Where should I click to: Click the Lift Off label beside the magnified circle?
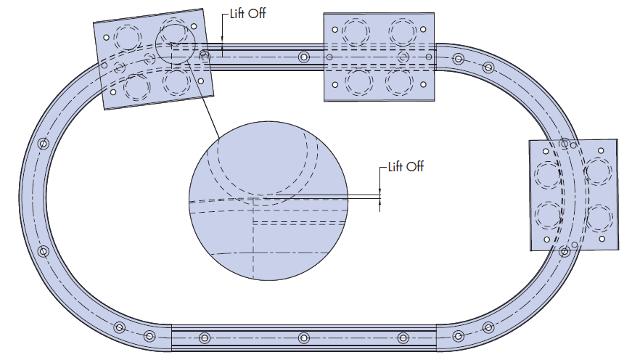[x=406, y=167]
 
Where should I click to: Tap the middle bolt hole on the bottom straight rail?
[x=303, y=337]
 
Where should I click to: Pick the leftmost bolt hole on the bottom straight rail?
[x=204, y=337]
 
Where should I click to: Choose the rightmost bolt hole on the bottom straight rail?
[x=403, y=337]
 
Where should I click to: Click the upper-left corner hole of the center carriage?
[x=335, y=30]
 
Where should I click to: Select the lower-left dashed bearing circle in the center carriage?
[x=356, y=81]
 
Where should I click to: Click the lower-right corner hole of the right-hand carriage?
[x=603, y=239]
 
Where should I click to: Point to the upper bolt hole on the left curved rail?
[x=43, y=144]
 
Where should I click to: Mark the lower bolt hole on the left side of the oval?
[x=43, y=252]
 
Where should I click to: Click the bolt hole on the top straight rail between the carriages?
[x=303, y=57]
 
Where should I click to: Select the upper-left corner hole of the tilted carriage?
[x=106, y=36]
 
